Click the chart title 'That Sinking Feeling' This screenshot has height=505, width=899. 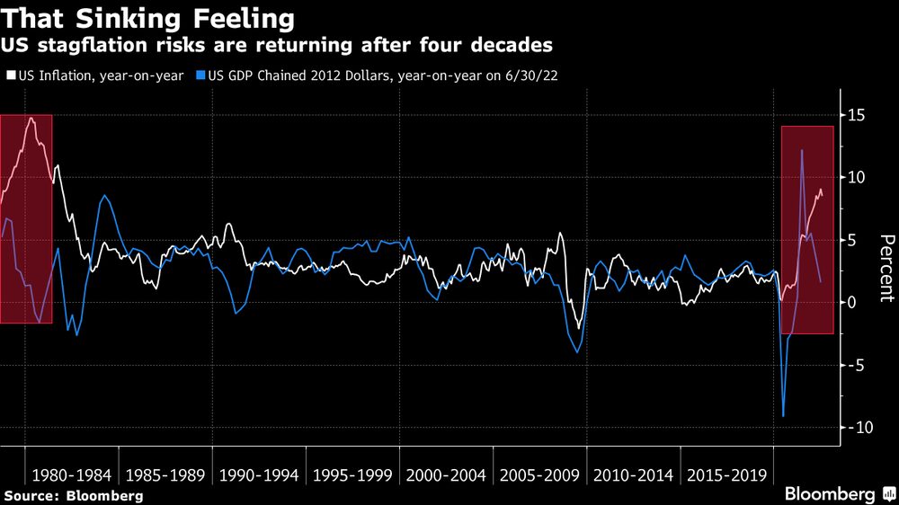[x=148, y=17]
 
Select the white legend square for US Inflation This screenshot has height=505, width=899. [x=10, y=75]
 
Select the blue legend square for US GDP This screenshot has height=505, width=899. [x=201, y=75]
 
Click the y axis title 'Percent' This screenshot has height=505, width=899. [x=886, y=270]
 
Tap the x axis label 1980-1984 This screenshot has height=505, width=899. [x=72, y=474]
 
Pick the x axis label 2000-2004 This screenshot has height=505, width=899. [x=446, y=474]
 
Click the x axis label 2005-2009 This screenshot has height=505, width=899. [x=539, y=474]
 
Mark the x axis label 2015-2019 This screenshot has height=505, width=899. [x=726, y=474]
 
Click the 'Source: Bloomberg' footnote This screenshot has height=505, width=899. [x=73, y=495]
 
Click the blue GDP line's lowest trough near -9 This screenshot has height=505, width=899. [x=784, y=415]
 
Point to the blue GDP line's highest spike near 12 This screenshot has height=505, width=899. [x=802, y=151]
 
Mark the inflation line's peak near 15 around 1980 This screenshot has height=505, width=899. [x=31, y=118]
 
